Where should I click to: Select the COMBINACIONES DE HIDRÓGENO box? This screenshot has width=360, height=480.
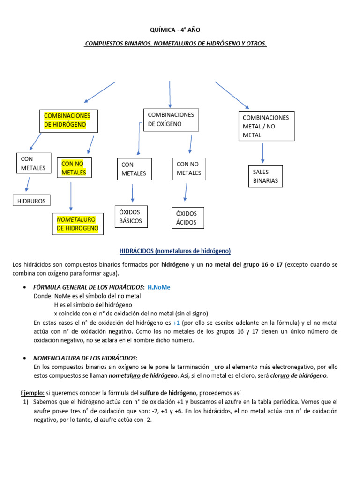[68, 120]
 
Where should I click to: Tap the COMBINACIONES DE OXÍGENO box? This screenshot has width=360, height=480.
[172, 120]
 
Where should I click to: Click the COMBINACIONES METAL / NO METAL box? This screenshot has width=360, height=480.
[266, 126]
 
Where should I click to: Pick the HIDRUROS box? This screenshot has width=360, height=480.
[31, 201]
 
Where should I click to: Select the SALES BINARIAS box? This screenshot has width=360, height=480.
[266, 176]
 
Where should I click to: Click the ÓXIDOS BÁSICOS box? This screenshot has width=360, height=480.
[131, 217]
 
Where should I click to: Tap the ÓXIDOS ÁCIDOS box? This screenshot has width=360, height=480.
[187, 218]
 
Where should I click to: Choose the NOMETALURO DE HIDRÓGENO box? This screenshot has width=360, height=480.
[78, 224]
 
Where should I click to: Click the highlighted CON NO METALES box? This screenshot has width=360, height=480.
[74, 168]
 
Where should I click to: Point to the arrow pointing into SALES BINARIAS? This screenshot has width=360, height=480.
[262, 153]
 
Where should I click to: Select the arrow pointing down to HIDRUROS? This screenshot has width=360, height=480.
[27, 184]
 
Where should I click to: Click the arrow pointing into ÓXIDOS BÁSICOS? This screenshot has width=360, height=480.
[133, 193]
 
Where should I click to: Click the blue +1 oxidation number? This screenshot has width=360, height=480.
[176, 323]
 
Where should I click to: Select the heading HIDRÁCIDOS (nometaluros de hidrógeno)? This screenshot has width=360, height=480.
[175, 251]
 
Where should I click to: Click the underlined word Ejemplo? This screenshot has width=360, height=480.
[32, 392]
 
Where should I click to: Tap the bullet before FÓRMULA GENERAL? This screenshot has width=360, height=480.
[24, 287]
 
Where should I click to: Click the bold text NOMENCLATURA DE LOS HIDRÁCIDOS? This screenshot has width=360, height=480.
[85, 358]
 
